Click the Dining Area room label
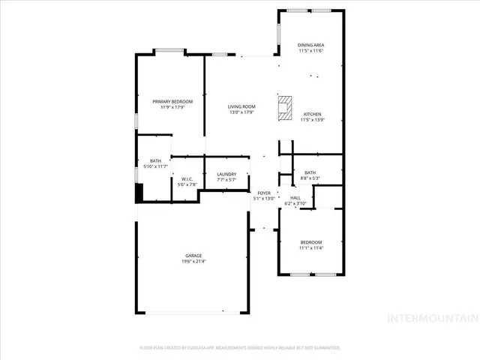(311, 45)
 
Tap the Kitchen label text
(311, 114)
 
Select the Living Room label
(241, 106)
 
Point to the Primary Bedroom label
(172, 101)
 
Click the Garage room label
(193, 255)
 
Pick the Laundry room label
(226, 175)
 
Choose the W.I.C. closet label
(187, 178)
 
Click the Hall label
(295, 198)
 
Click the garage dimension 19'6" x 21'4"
(193, 261)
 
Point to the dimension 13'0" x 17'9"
(241, 112)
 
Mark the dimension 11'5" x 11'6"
(311, 51)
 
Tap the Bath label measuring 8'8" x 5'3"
(310, 173)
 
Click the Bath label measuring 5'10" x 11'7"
(155, 160)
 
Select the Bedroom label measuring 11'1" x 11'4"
(311, 242)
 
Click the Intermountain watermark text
(431, 318)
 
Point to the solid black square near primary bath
(139, 193)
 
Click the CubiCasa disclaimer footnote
(240, 348)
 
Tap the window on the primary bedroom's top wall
(170, 52)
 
